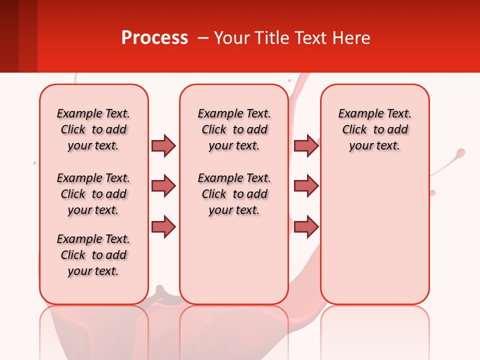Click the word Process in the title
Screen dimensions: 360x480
[154, 38]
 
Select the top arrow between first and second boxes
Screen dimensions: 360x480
[163, 145]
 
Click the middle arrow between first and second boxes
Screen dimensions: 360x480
[163, 186]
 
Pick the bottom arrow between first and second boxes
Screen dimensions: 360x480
[163, 226]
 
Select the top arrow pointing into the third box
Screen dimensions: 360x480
[306, 145]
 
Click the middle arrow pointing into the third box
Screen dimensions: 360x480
[306, 186]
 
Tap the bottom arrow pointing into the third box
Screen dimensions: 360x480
[306, 226]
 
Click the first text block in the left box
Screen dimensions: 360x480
[93, 129]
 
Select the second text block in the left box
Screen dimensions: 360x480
[93, 194]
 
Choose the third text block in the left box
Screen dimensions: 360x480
[93, 255]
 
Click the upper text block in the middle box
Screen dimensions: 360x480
[234, 129]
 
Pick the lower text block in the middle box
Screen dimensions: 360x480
[234, 194]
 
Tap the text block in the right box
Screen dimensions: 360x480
[374, 129]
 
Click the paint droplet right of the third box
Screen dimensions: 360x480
[460, 152]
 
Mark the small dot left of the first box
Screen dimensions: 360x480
[34, 163]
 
